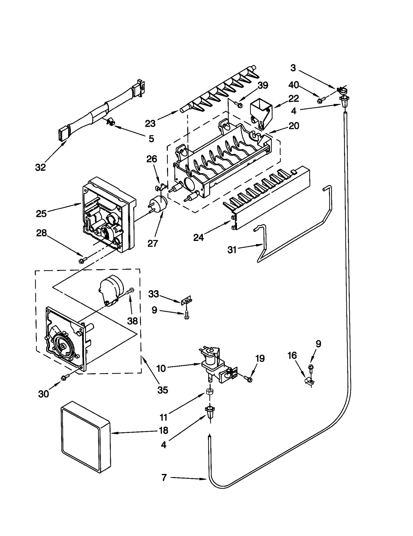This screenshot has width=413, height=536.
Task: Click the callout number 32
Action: (41, 167)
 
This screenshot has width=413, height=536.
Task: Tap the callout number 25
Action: (41, 213)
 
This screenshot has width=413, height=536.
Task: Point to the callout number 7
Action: (164, 478)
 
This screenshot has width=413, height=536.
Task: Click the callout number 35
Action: (163, 390)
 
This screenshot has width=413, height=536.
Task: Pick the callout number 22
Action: (293, 98)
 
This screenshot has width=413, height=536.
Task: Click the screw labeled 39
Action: (239, 104)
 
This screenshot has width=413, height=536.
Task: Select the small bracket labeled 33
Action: (187, 300)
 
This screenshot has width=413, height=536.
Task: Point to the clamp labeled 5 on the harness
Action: (110, 121)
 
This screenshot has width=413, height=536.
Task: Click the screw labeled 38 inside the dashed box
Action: (130, 291)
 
